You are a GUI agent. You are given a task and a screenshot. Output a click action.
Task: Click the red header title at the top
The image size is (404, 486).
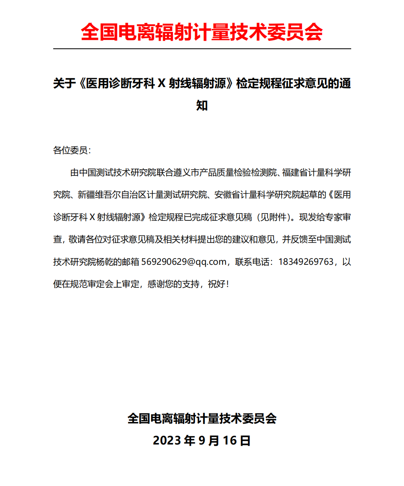click(x=202, y=31)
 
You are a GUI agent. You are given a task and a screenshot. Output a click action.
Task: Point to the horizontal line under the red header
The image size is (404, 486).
click(x=202, y=49)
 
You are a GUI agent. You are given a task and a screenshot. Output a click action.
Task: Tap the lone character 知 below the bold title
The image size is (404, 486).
click(x=202, y=106)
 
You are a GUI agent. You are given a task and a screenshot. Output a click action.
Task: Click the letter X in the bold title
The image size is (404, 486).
click(x=162, y=83)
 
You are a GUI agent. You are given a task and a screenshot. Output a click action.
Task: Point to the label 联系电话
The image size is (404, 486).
click(x=253, y=262)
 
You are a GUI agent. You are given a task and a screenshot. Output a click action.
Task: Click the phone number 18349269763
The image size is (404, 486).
click(x=306, y=262)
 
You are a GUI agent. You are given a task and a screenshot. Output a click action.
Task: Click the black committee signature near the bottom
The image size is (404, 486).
click(x=202, y=418)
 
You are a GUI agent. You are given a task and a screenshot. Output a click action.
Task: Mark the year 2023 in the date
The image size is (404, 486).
click(x=167, y=440)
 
